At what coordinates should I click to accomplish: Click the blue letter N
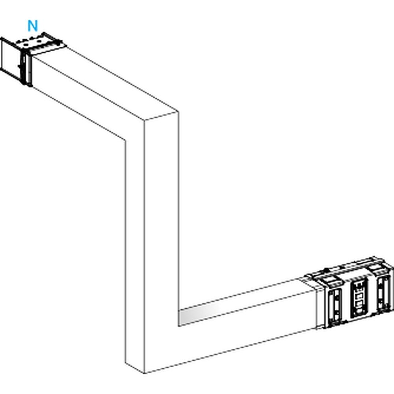[33, 26]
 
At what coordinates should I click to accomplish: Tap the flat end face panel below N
[10, 58]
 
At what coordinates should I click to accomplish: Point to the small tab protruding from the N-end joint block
[19, 66]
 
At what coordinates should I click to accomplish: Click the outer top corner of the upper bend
[178, 112]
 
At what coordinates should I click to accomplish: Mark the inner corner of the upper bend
[125, 140]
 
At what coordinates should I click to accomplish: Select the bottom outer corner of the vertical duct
[144, 374]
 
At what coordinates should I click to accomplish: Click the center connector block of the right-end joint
[359, 298]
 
